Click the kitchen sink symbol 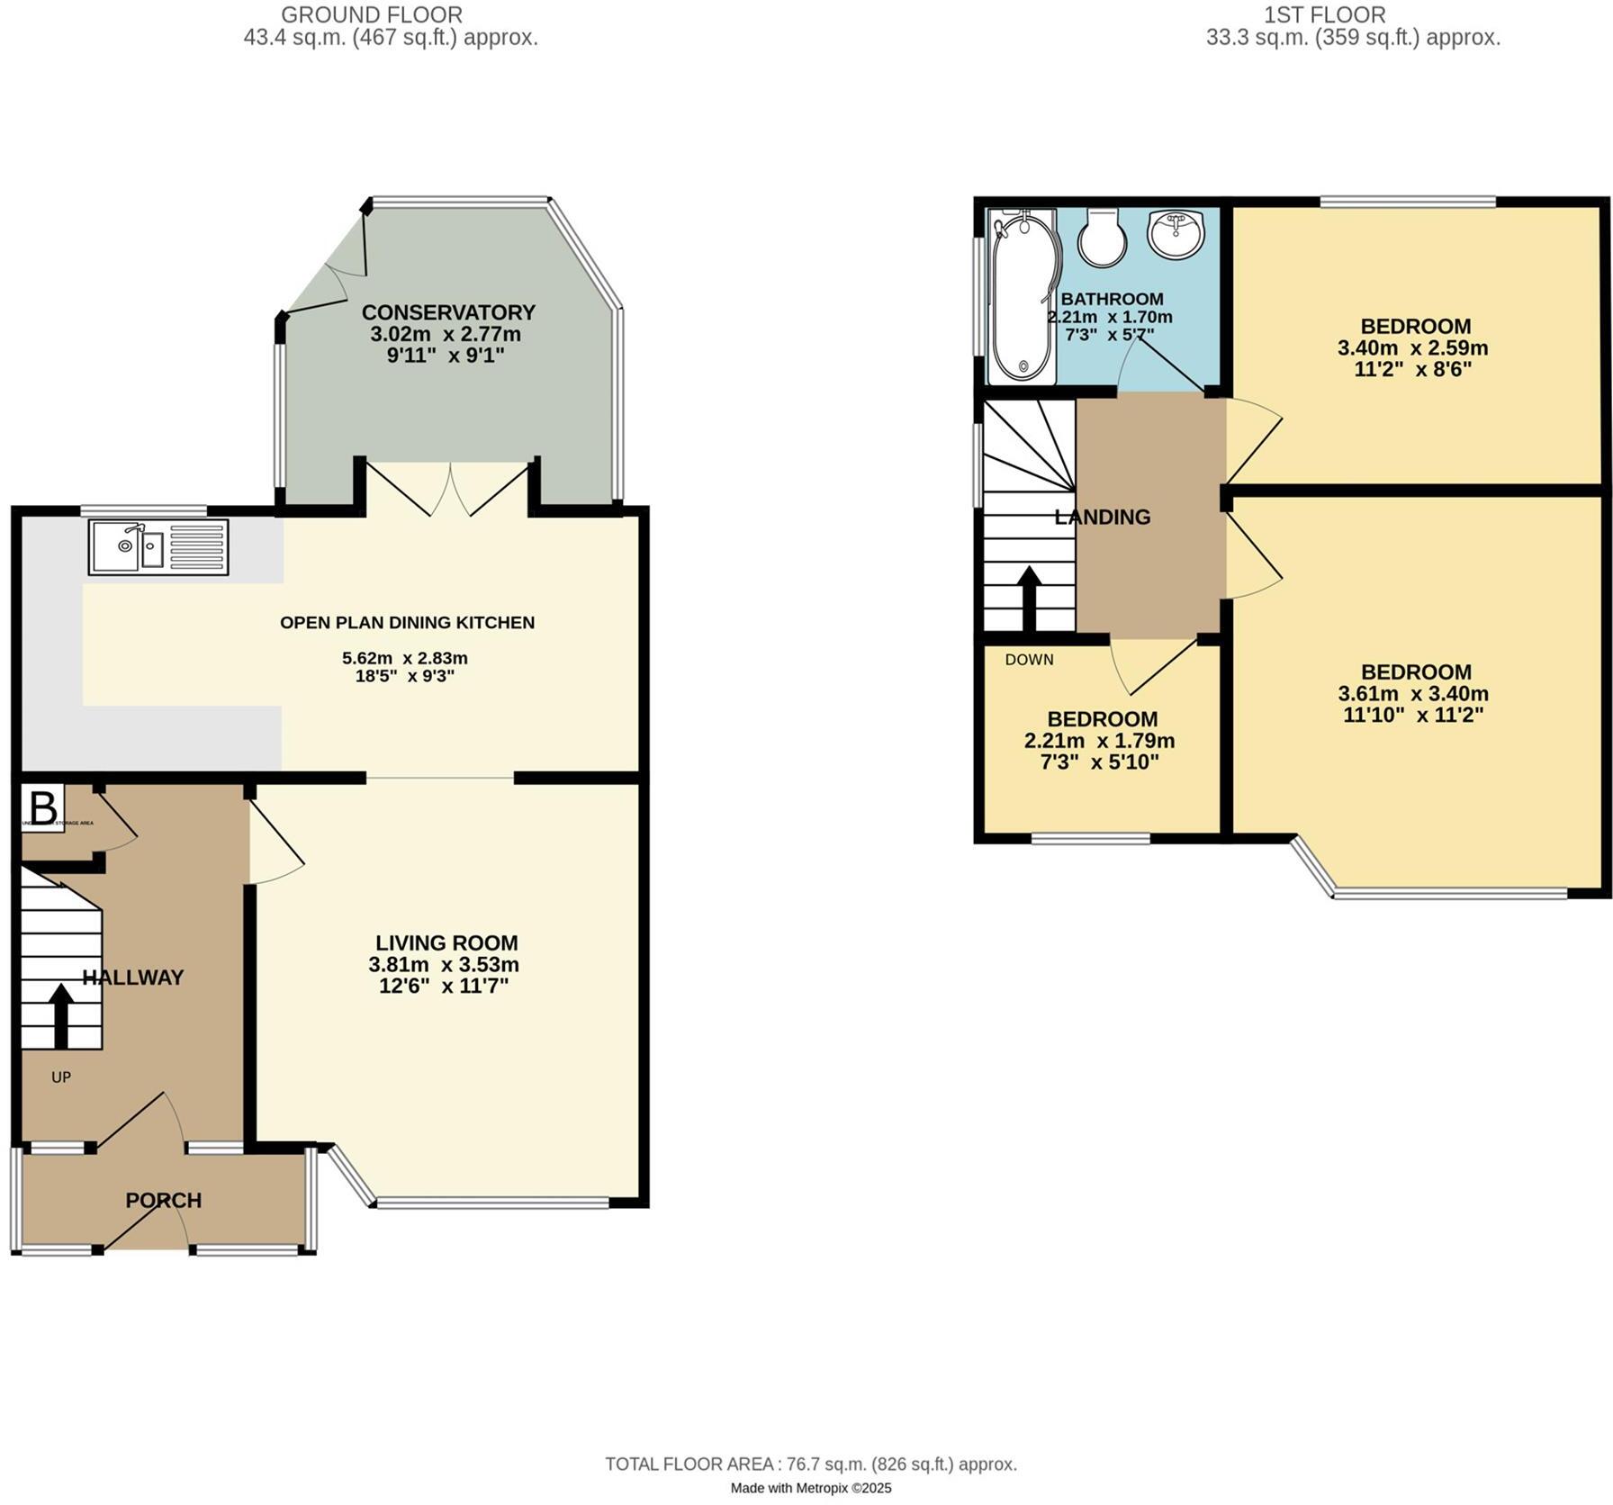(x=158, y=547)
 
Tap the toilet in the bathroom (x=1102, y=238)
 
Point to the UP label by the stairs (x=60, y=1077)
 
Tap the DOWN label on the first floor (x=1029, y=660)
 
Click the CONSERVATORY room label (x=448, y=312)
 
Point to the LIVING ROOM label (x=446, y=943)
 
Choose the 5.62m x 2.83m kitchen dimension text (x=405, y=658)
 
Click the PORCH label (x=163, y=1201)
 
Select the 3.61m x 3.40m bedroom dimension (x=1413, y=694)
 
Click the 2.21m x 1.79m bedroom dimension (x=1099, y=742)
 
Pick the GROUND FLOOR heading (x=372, y=15)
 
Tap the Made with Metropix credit (x=810, y=1489)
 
